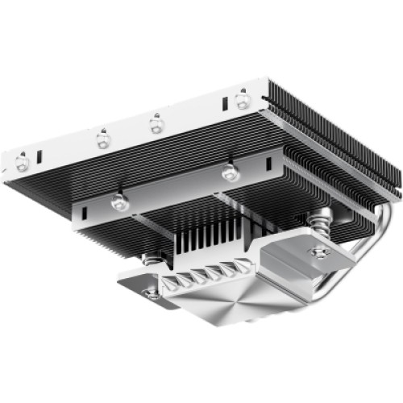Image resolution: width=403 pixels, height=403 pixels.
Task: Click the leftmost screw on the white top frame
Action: (x=22, y=163)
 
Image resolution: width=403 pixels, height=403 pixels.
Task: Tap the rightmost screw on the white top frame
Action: (x=241, y=100)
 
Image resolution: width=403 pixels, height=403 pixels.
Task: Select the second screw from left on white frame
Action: (x=103, y=139)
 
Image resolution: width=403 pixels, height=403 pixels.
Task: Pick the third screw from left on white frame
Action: (x=155, y=123)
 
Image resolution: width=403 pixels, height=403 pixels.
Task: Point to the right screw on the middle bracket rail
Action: (x=230, y=172)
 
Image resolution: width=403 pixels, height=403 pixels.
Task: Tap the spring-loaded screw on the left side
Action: (x=150, y=260)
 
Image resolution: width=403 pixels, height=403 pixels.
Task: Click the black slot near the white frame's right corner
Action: (x=226, y=105)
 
